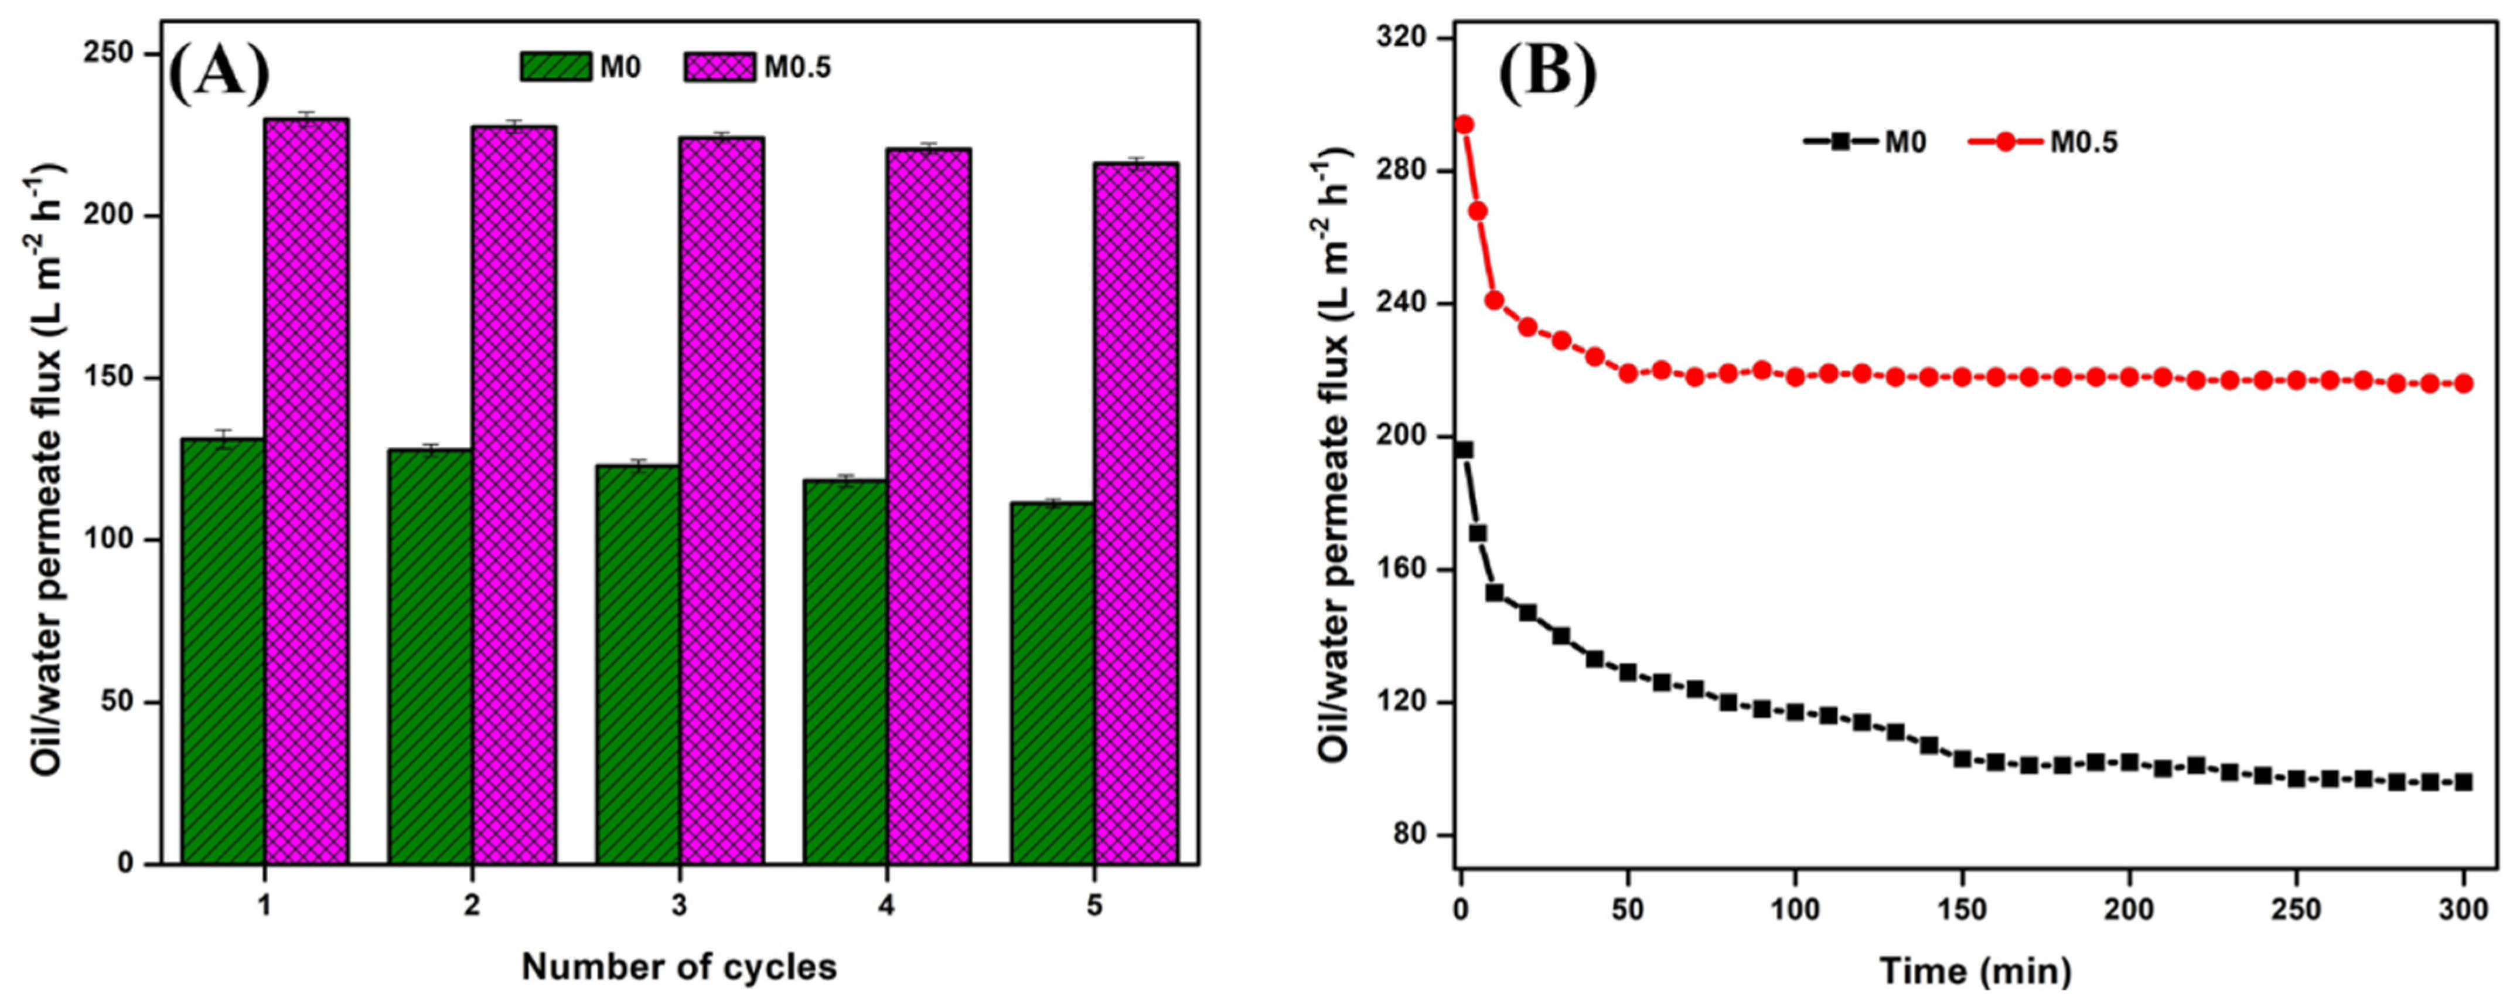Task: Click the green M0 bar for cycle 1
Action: (x=223, y=651)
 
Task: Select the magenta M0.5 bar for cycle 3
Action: (x=722, y=499)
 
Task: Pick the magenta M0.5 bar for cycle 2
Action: (x=514, y=494)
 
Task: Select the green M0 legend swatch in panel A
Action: (x=555, y=67)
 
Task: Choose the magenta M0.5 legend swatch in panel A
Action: (x=719, y=67)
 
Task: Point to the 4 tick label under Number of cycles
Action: (x=886, y=905)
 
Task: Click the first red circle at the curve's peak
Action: (x=1464, y=124)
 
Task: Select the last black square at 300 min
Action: (x=2463, y=782)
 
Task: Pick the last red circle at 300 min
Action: (x=2463, y=383)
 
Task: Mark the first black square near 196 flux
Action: (x=1464, y=450)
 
